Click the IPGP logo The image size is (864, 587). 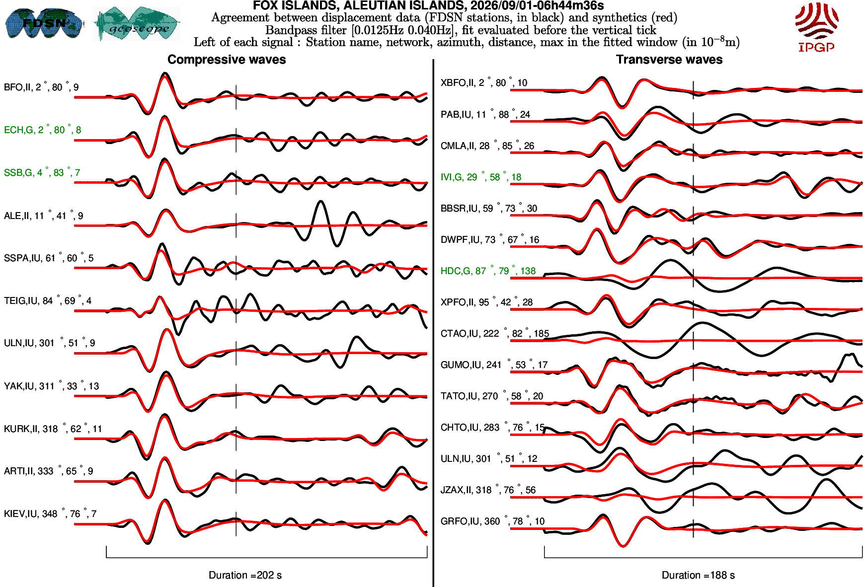click(x=816, y=27)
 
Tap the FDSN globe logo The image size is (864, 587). click(x=44, y=23)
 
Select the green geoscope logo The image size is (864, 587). click(x=137, y=24)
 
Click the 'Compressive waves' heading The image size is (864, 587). click(x=227, y=60)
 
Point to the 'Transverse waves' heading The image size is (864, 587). click(x=669, y=60)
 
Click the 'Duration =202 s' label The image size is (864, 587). click(x=245, y=575)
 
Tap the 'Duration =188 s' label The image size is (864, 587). click(x=698, y=575)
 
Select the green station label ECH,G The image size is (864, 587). click(x=42, y=130)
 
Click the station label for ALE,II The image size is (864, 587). click(x=43, y=216)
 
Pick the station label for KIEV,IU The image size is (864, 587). click(x=50, y=514)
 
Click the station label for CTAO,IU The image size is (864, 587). click(x=495, y=333)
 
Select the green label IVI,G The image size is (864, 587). click(x=481, y=177)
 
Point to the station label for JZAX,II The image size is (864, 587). click(x=488, y=490)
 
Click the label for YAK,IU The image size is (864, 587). click(x=51, y=386)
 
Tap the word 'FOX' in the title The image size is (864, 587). click(x=265, y=5)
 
